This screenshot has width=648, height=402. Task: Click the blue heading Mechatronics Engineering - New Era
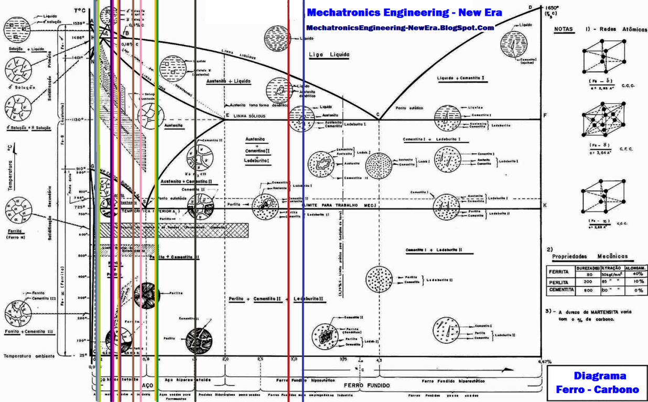404,13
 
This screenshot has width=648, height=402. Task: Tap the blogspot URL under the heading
400,28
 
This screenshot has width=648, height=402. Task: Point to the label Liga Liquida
329,54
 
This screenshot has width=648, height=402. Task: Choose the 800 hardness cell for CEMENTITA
588,289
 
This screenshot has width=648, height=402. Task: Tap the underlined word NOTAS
563,30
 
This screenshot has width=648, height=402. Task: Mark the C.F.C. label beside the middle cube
627,149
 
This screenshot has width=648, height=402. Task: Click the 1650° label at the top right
549,7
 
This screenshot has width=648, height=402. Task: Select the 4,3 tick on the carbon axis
380,360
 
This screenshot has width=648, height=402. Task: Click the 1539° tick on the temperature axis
79,23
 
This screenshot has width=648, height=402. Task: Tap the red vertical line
288,209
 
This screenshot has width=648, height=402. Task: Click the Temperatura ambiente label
29,356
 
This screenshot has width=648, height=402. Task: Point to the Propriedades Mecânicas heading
590,257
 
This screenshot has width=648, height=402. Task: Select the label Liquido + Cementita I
460,79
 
